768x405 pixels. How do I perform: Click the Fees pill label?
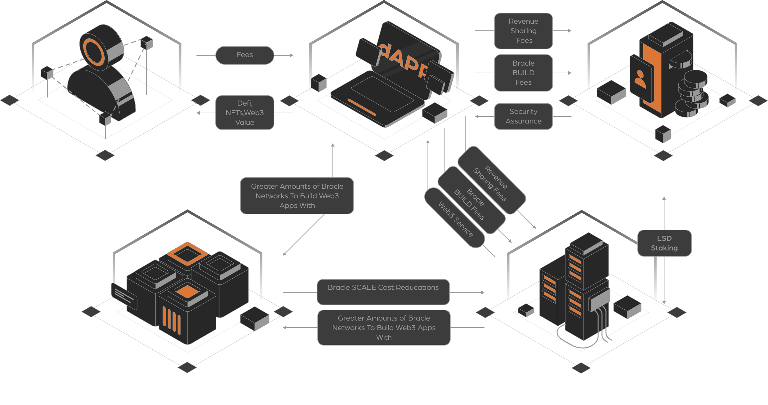(x=245, y=55)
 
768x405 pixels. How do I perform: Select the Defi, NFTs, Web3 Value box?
(x=245, y=113)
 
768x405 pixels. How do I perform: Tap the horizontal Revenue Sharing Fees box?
(x=524, y=31)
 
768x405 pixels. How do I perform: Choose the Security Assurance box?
(x=524, y=116)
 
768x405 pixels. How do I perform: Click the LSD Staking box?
(x=664, y=243)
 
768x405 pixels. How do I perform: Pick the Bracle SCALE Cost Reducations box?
(x=383, y=292)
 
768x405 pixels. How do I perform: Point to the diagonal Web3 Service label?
(x=455, y=219)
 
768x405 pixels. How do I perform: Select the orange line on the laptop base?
(x=362, y=107)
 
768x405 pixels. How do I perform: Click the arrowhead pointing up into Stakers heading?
(x=664, y=198)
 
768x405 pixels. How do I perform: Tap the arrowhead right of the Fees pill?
(x=292, y=55)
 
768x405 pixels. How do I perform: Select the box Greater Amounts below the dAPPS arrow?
(x=297, y=196)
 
